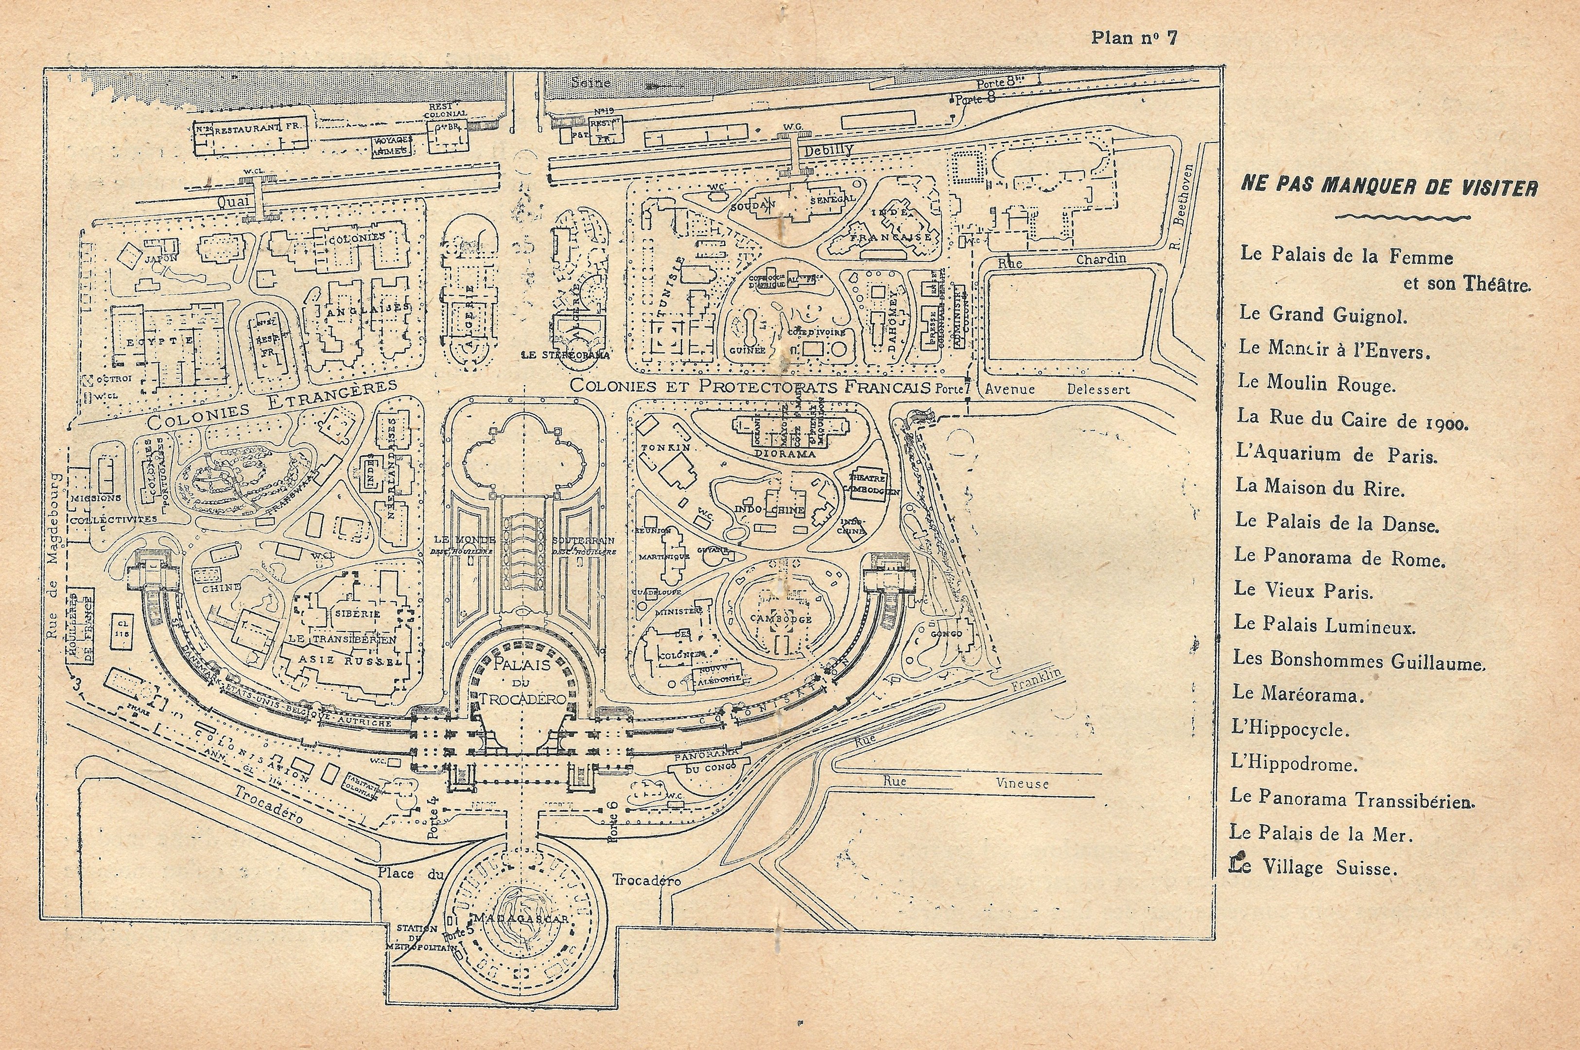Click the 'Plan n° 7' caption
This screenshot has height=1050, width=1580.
click(x=1133, y=37)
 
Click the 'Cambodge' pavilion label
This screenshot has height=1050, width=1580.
click(x=781, y=619)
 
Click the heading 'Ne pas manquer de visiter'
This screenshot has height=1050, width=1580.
click(x=1389, y=186)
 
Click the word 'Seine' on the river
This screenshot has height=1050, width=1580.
click(x=590, y=83)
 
